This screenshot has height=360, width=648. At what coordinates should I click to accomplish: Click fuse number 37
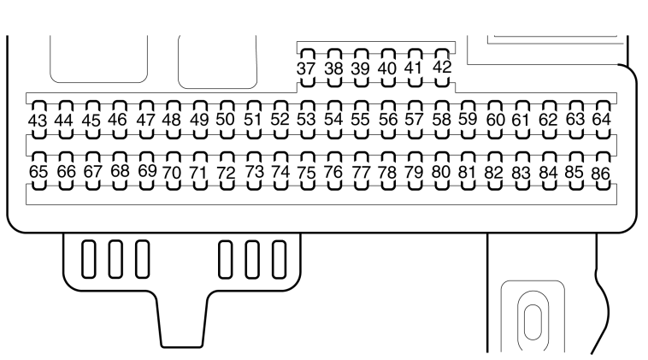pos(306,68)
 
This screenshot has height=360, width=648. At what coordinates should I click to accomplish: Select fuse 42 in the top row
pos(442,68)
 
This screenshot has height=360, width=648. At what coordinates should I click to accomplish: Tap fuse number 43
pos(38,120)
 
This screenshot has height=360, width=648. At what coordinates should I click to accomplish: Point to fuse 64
pos(602,120)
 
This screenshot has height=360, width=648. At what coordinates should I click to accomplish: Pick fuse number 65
pos(38,171)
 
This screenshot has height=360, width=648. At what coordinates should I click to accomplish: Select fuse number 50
pos(226,120)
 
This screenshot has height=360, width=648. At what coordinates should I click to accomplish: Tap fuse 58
pos(441,120)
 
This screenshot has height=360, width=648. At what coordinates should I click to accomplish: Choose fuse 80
pos(441,172)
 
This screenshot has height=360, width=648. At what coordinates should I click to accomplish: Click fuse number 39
pos(361,68)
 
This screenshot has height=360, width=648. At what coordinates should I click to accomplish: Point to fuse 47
pos(146,120)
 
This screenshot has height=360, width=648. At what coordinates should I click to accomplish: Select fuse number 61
pos(521,120)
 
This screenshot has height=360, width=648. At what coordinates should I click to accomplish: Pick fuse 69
pos(147,171)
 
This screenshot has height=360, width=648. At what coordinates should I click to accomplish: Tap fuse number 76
pos(333,172)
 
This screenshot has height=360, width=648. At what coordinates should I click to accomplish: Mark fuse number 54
pos(333,120)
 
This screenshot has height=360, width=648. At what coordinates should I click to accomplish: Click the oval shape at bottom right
pos(533,322)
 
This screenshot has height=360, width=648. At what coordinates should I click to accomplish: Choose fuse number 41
pos(415,68)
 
